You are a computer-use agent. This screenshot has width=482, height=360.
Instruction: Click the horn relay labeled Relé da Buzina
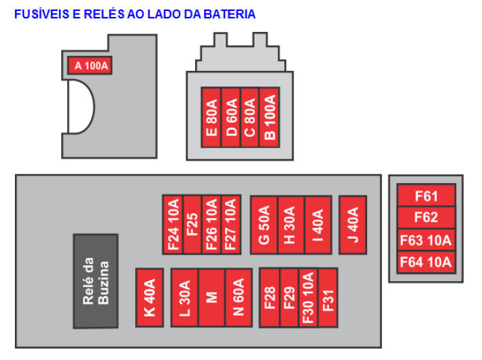pos(95,281)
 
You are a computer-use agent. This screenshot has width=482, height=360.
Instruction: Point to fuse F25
pos(192,225)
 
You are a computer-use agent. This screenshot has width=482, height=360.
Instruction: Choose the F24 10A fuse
pos(173,225)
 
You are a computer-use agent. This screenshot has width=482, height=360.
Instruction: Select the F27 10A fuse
pos(230,225)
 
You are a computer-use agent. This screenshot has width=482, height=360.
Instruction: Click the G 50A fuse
pos(264,225)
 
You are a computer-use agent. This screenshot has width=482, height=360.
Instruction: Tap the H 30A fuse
pos(290,225)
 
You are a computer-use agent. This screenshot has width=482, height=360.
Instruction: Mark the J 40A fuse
pos(352,225)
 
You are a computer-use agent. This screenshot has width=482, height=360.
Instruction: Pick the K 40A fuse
pos(150,297)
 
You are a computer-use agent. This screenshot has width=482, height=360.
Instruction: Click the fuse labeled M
pos(211,297)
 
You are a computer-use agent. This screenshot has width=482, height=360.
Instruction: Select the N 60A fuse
pos(238,297)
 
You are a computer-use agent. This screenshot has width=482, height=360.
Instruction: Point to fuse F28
pos(269,297)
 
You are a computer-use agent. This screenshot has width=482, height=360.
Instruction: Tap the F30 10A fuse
pos(308,297)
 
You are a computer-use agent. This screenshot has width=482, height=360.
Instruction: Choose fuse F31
pos(328,297)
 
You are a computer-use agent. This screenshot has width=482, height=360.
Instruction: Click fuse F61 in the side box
pos(426,197)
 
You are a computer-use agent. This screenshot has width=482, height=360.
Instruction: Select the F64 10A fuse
pos(426,262)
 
